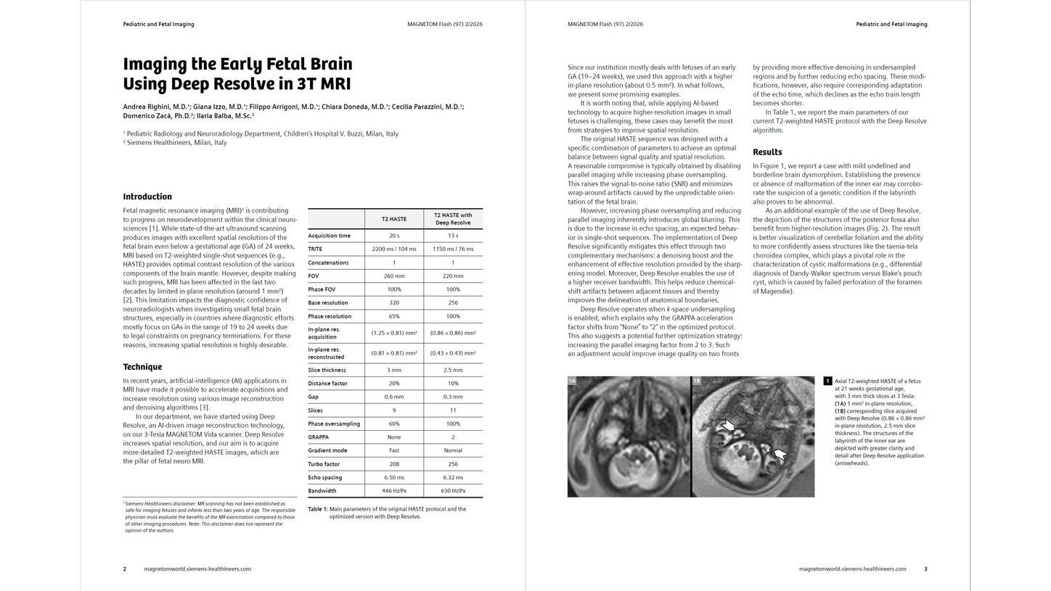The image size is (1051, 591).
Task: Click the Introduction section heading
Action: [x=147, y=197]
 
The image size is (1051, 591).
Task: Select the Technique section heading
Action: [x=142, y=367]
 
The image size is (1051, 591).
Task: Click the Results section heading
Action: [x=767, y=152]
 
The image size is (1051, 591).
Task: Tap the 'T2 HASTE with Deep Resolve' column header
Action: [x=453, y=218]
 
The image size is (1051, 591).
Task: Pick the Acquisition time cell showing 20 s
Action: [x=394, y=236]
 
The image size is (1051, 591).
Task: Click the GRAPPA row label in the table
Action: [x=318, y=437]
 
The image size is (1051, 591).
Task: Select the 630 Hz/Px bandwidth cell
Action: [x=453, y=491]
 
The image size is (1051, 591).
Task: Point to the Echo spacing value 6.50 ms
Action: [x=394, y=478]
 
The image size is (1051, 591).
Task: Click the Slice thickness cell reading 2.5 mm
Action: [x=453, y=370]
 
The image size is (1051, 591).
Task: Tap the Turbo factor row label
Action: [x=324, y=464]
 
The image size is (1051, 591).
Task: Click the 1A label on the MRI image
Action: [x=572, y=381]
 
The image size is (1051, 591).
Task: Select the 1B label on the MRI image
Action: [x=697, y=381]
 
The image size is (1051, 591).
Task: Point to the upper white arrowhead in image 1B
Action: [x=727, y=426]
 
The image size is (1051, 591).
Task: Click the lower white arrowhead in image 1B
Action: [x=780, y=454]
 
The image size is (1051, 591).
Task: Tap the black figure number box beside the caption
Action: [x=827, y=381]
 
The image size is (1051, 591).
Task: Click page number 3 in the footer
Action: [x=925, y=569]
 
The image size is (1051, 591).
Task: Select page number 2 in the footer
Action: [x=125, y=569]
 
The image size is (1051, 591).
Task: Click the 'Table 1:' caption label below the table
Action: [x=318, y=509]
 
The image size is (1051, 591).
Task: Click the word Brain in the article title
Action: [x=326, y=65]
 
